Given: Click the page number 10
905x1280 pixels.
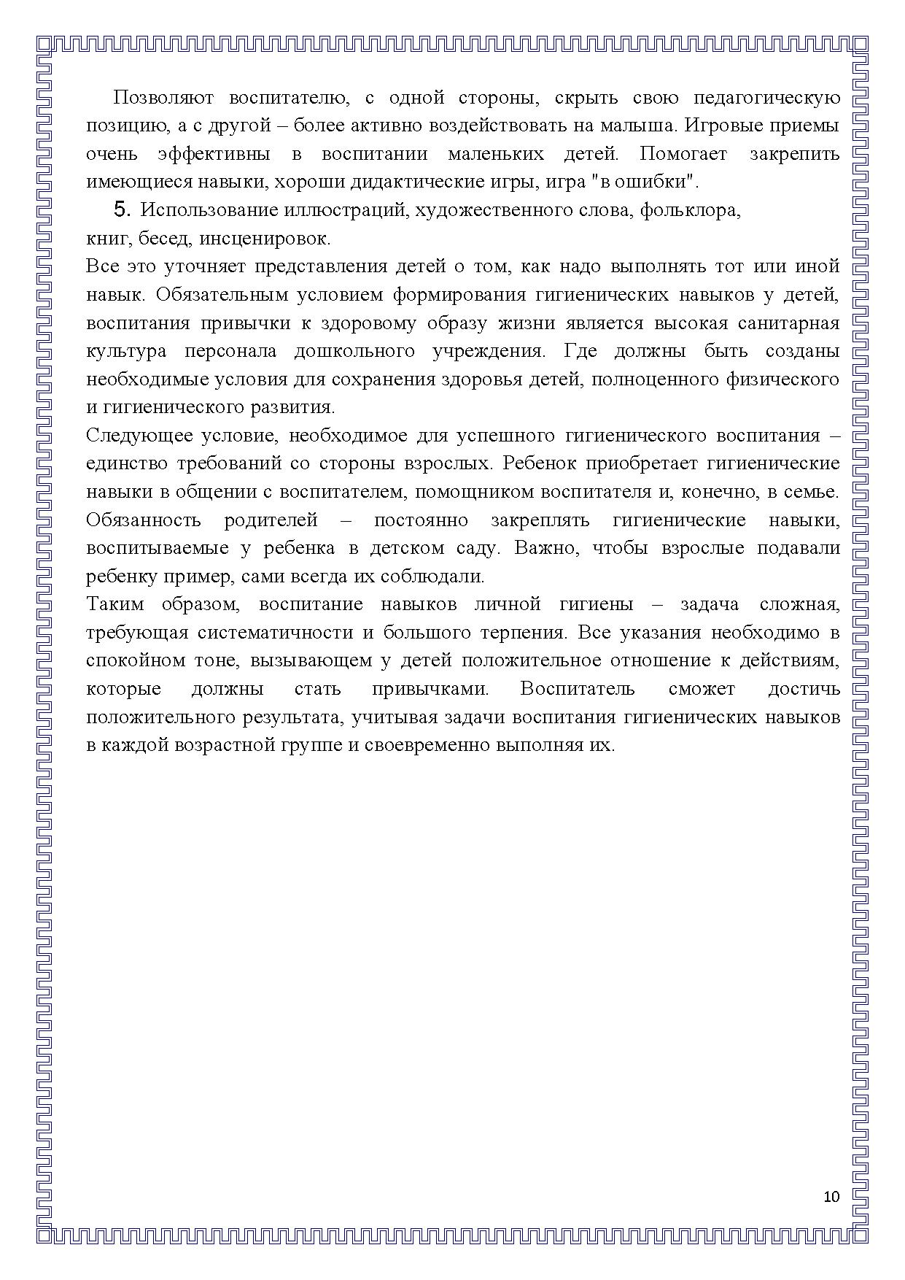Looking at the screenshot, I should coord(831,1197).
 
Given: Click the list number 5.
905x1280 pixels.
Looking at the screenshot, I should coord(122,210).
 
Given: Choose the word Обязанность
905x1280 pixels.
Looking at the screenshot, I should coord(143,520).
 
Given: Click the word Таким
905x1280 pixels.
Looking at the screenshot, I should coord(114,604).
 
